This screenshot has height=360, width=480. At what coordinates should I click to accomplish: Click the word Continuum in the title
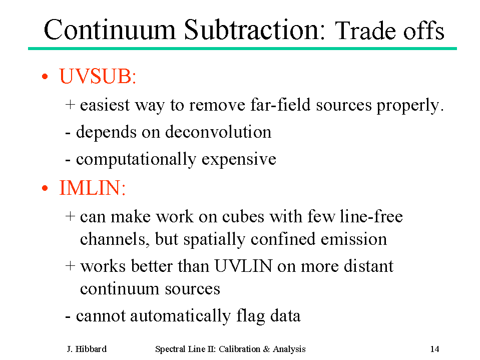pyautogui.click(x=110, y=30)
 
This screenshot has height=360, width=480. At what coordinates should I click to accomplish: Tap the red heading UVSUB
pyautogui.click(x=98, y=76)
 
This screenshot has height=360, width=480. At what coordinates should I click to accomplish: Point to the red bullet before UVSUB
pyautogui.click(x=45, y=76)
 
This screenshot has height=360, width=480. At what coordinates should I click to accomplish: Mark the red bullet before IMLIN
pyautogui.click(x=45, y=188)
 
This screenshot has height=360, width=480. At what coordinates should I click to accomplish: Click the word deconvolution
pyautogui.click(x=218, y=132)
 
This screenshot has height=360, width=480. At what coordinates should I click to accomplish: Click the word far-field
pyautogui.click(x=281, y=105)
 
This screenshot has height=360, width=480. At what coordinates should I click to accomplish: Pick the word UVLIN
pyautogui.click(x=243, y=266)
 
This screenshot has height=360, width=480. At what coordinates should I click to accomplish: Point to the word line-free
pyautogui.click(x=371, y=216)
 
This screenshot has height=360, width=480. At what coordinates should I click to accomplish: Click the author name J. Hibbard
pyautogui.click(x=87, y=349)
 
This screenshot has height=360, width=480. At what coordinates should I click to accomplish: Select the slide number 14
pyautogui.click(x=434, y=349)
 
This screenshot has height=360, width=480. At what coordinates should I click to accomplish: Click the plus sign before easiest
pyautogui.click(x=70, y=105)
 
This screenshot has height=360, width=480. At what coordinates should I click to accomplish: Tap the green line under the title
pyautogui.click(x=242, y=49)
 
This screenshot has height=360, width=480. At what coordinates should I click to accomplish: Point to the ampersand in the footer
pyautogui.click(x=266, y=349)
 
